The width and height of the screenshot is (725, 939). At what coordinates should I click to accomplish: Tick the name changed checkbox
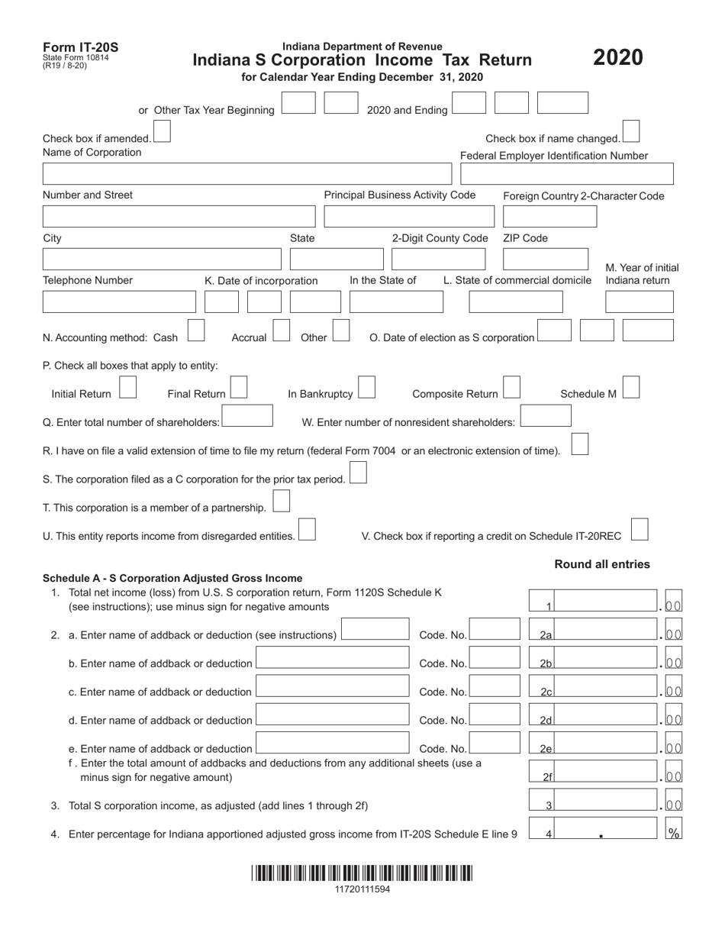(x=631, y=131)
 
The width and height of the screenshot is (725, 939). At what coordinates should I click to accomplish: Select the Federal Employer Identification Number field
(x=567, y=174)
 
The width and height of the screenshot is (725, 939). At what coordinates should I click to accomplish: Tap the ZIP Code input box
(x=545, y=260)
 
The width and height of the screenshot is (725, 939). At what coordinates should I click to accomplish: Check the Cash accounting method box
(x=196, y=331)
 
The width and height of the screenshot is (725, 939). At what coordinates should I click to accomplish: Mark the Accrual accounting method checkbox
(x=282, y=331)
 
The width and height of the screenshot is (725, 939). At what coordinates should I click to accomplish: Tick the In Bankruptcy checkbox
(x=366, y=388)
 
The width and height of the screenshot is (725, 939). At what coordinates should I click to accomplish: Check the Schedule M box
(x=630, y=388)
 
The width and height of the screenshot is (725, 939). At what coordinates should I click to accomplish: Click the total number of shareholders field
(x=247, y=416)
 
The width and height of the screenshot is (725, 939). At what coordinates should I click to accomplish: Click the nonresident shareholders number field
(x=545, y=416)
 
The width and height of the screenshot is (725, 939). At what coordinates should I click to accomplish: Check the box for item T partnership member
(x=282, y=502)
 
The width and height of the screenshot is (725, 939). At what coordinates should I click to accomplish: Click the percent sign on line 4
(x=674, y=833)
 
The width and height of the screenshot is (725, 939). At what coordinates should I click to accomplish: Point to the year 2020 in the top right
(x=618, y=58)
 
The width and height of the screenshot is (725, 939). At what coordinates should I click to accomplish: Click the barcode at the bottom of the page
(x=362, y=873)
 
